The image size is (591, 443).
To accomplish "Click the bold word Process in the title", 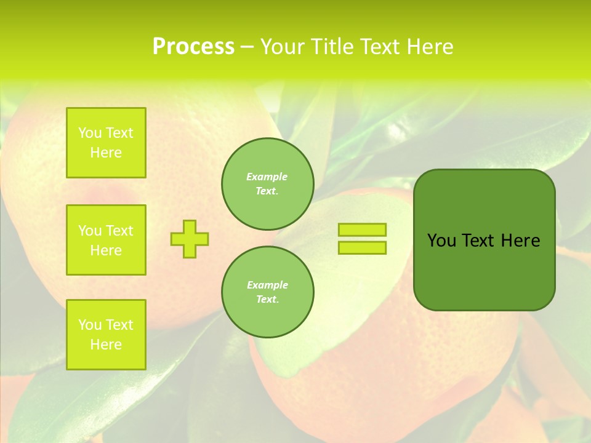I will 193,47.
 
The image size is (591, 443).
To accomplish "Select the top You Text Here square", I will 106,143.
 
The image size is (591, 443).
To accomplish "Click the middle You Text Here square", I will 106,240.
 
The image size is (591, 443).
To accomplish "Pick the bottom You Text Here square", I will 106,334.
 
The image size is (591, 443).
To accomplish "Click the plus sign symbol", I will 190,239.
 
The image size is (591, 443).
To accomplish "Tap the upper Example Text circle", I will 268,184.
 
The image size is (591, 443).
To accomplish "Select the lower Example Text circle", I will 268,292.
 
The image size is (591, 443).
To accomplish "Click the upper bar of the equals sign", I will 362,229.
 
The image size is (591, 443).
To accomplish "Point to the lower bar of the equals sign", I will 362,247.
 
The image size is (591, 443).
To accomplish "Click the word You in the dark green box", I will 441,241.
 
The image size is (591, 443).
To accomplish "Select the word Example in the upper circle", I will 267,177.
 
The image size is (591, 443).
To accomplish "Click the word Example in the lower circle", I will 267,285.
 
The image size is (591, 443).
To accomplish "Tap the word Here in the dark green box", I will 520,241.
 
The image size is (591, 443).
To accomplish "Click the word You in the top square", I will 90,133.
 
